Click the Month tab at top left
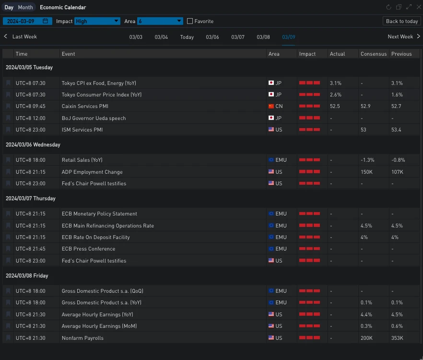pos(25,7)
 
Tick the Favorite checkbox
pos(190,21)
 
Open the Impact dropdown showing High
pos(97,21)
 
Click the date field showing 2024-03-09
pos(27,21)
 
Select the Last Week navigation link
pos(21,36)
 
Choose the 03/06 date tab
pos(212,37)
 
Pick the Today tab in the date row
pos(187,37)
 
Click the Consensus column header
pos(374,54)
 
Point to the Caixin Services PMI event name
pos(85,106)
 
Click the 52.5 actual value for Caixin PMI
pos(335,106)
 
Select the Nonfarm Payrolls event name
pos(82,338)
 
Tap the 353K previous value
pos(397,338)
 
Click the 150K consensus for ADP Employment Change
pos(367,172)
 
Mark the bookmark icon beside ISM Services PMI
pos(8,130)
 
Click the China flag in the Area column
pos(271,106)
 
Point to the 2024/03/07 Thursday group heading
pos(31,198)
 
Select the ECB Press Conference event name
pos(88,249)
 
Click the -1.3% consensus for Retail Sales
pos(367,160)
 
